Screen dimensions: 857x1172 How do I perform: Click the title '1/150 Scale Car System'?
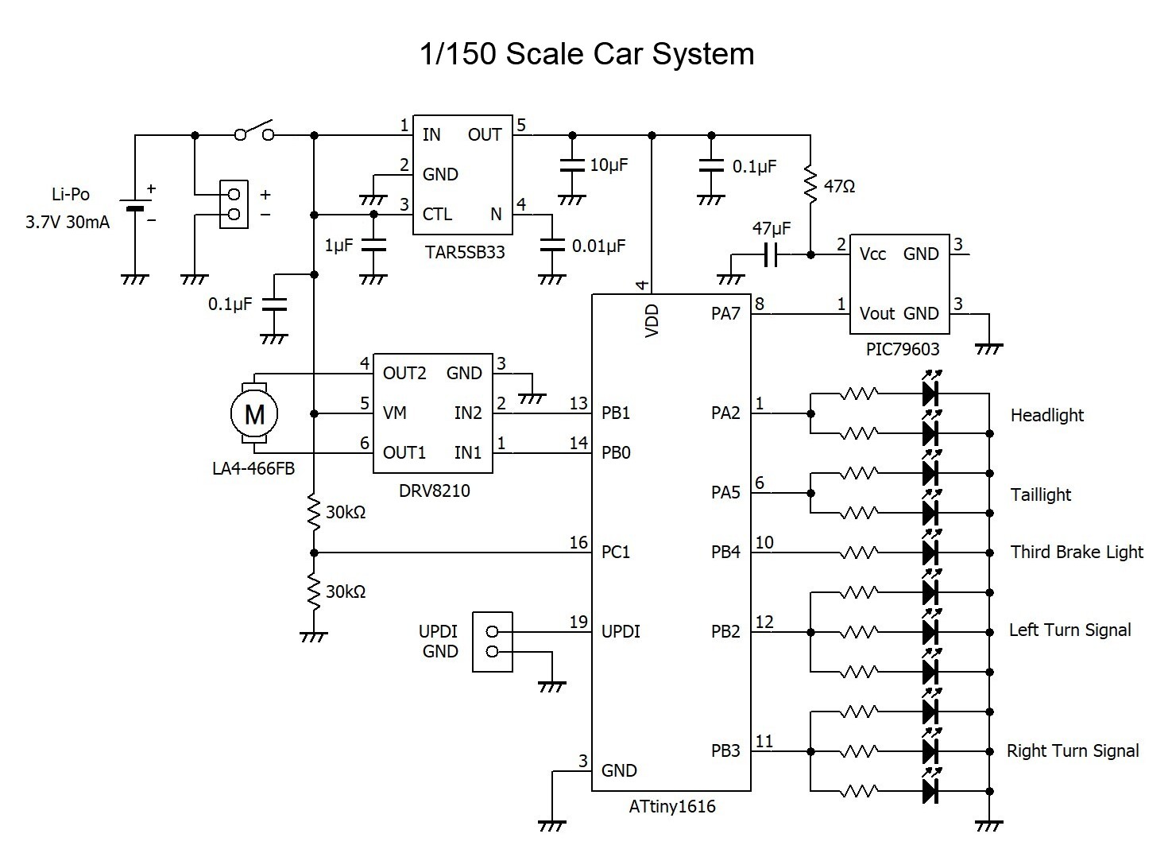tap(586, 54)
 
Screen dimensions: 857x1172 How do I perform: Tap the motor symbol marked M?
tap(254, 413)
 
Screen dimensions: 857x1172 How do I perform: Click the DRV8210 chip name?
tap(434, 491)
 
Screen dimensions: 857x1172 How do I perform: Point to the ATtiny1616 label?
tap(672, 807)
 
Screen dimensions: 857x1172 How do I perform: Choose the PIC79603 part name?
tap(903, 349)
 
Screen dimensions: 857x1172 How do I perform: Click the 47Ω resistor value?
tap(840, 187)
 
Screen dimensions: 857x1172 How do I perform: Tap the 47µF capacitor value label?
tap(772, 229)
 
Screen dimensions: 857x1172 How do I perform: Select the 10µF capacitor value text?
tap(609, 165)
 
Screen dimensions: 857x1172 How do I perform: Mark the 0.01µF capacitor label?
tap(598, 246)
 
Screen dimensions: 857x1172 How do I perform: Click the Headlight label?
tap(1047, 415)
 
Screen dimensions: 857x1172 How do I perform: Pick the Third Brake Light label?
tap(1077, 552)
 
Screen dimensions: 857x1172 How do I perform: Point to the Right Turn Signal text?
tap(1073, 750)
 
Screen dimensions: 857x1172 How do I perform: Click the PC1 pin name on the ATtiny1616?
tap(616, 552)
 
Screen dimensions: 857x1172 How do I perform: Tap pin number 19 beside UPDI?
tap(578, 622)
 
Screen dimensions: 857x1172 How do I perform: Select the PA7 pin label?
tap(725, 314)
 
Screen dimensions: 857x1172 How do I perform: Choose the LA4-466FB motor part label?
tap(253, 468)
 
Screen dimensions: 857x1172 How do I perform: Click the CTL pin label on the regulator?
tap(438, 215)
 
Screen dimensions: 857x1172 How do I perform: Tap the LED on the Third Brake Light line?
tap(930, 552)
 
